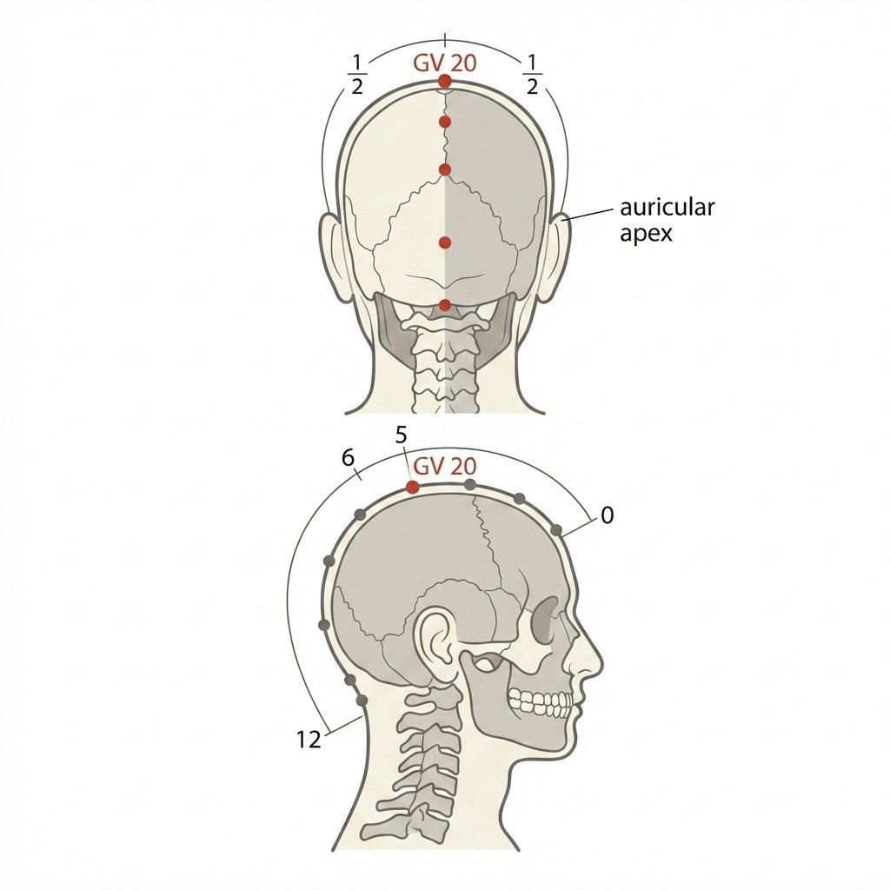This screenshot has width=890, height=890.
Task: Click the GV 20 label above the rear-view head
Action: pyautogui.click(x=444, y=63)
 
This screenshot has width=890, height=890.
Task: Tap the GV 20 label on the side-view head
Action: pyautogui.click(x=444, y=467)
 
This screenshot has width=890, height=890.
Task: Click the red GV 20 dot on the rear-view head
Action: pyautogui.click(x=445, y=82)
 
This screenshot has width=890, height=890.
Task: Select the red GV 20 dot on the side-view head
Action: pyautogui.click(x=413, y=487)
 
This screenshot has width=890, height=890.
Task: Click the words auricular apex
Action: pyautogui.click(x=667, y=220)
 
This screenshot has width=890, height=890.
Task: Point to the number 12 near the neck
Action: pyautogui.click(x=309, y=740)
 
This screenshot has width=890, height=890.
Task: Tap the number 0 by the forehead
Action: pyautogui.click(x=608, y=515)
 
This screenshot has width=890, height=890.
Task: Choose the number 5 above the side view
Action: pyautogui.click(x=401, y=435)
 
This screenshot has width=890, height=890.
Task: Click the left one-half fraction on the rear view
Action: pyautogui.click(x=356, y=75)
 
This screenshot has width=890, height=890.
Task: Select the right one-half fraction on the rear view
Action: pyautogui.click(x=532, y=75)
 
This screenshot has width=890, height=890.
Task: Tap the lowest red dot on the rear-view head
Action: pyautogui.click(x=445, y=305)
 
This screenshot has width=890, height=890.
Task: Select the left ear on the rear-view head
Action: pyautogui.click(x=335, y=256)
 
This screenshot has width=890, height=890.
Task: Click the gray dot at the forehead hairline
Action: pyautogui.click(x=557, y=531)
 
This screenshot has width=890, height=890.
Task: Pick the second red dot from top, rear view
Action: pyautogui.click(x=445, y=122)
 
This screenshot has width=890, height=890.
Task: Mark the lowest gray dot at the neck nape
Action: pyautogui.click(x=361, y=701)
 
